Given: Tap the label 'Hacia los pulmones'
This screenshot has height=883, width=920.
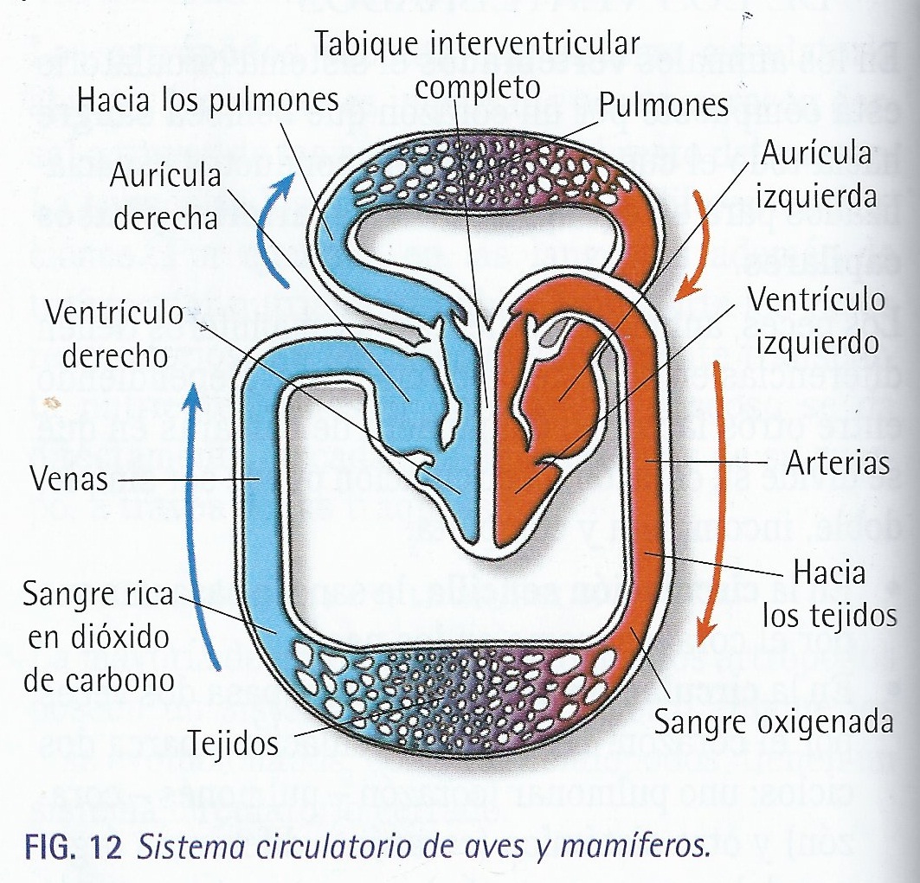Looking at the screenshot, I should tap(207, 100).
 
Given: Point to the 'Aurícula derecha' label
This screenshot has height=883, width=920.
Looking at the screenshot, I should tap(164, 197).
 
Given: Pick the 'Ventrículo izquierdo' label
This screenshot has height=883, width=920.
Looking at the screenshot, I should tap(816, 321).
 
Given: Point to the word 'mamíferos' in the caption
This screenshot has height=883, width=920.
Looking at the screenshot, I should tap(640, 844).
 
